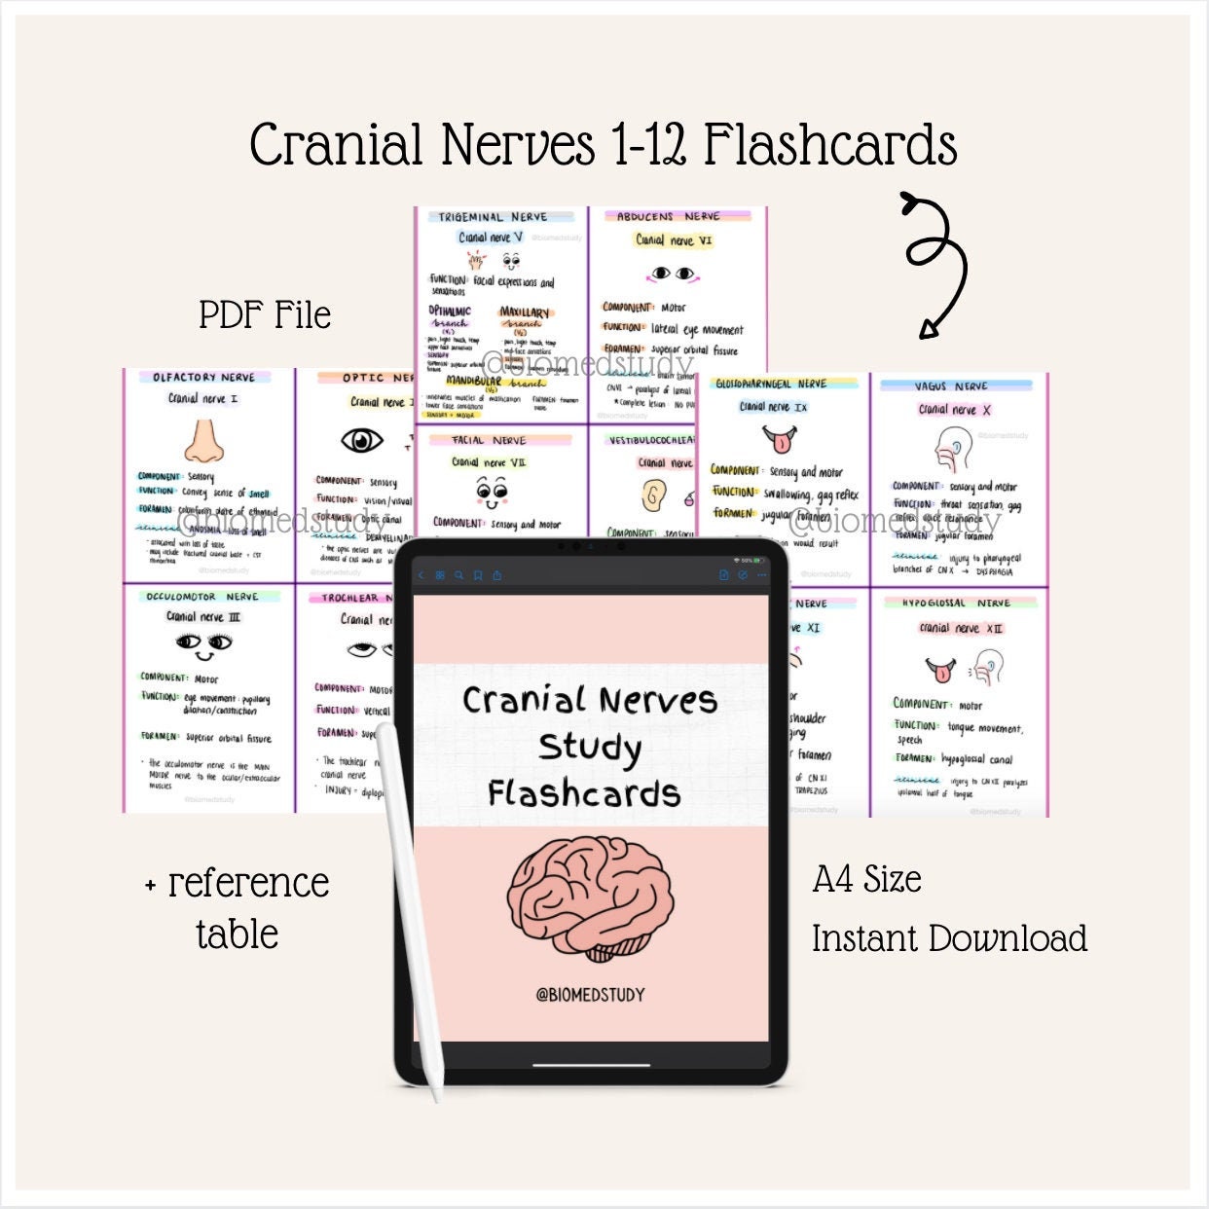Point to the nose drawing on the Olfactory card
pyautogui.click(x=203, y=441)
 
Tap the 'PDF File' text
pyautogui.click(x=265, y=315)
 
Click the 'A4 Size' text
pyautogui.click(x=866, y=879)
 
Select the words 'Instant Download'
pyautogui.click(x=949, y=938)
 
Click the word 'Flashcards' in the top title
pyautogui.click(x=830, y=146)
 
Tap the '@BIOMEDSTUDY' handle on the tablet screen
pyautogui.click(x=590, y=995)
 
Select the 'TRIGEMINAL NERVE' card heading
pyautogui.click(x=493, y=217)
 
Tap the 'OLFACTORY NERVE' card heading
pyautogui.click(x=203, y=378)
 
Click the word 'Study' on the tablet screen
pyautogui.click(x=590, y=747)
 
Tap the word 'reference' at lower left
pyautogui.click(x=248, y=883)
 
